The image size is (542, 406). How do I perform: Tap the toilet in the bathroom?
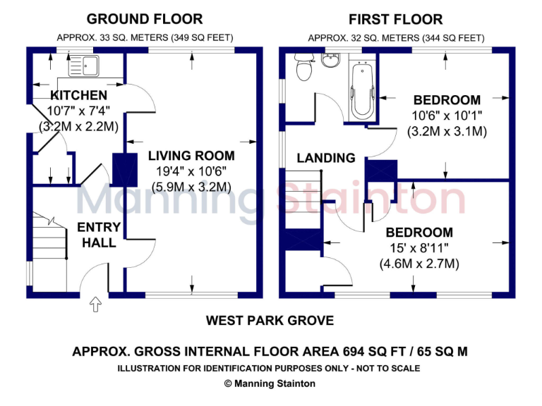pyautogui.click(x=304, y=69)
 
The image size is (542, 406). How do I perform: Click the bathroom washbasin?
pyautogui.click(x=330, y=61)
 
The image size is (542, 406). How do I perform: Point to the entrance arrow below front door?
pyautogui.click(x=96, y=304)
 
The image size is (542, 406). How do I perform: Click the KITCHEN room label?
pyautogui.click(x=78, y=95)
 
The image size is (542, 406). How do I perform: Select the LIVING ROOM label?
pyautogui.click(x=191, y=156)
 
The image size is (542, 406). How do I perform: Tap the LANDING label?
pyautogui.click(x=325, y=158)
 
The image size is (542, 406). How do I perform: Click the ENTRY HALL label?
pyautogui.click(x=99, y=235)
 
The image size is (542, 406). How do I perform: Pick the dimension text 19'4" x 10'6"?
pyautogui.click(x=191, y=171)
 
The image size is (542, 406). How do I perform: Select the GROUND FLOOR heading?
pyautogui.click(x=144, y=19)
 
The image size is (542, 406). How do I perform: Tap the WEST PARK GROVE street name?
pyautogui.click(x=270, y=321)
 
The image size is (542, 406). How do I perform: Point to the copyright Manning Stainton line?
pyautogui.click(x=270, y=384)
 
